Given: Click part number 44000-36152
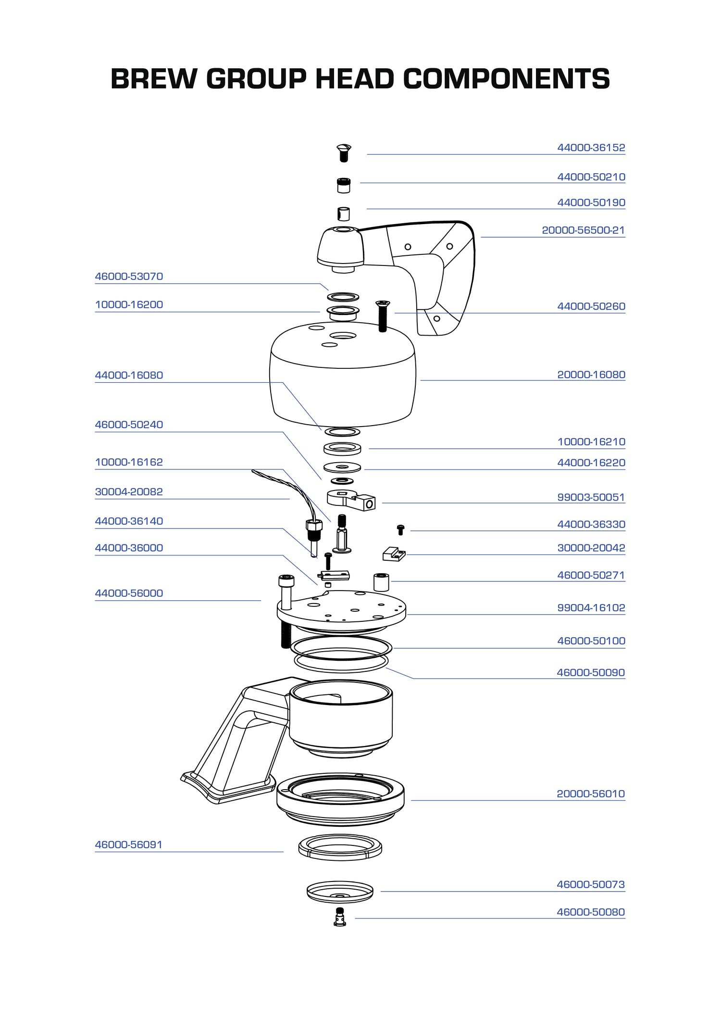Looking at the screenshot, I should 591,148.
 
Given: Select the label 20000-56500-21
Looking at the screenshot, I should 583,230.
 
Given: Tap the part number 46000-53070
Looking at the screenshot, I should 129,277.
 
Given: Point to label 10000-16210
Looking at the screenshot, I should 591,442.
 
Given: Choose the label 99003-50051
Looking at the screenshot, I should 591,497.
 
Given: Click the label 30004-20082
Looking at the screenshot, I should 129,492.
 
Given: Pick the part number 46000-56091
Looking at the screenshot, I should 128,844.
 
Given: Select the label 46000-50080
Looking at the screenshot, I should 591,912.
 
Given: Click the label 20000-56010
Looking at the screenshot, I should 591,793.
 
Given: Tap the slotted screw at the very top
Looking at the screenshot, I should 344,152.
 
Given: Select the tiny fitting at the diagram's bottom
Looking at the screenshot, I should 340,917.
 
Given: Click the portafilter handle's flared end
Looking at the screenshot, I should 226,789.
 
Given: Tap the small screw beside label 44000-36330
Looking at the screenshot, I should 400,529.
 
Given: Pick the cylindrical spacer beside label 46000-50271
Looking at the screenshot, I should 381,582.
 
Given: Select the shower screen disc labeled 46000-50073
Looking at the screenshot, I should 340,892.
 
